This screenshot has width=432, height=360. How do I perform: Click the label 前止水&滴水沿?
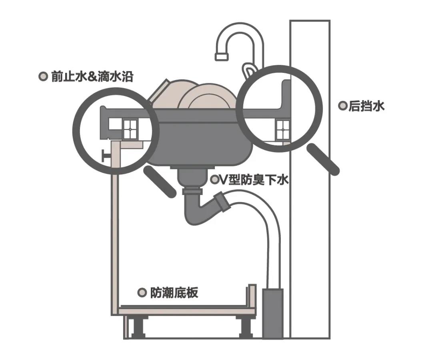[92, 76]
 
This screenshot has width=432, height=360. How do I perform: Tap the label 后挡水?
[366, 106]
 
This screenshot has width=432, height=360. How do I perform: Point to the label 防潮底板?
[174, 292]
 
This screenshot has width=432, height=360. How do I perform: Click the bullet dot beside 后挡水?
[343, 106]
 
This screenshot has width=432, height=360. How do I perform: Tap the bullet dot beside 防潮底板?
[142, 292]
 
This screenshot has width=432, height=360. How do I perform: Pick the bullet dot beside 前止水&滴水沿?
[43, 76]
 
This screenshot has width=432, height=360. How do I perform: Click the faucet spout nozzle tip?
[222, 56]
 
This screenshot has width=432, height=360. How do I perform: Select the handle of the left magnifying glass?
[160, 181]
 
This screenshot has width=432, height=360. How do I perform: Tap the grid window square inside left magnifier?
[130, 129]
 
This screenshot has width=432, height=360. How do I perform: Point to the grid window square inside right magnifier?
[283, 130]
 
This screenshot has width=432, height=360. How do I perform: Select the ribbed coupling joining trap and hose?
[221, 202]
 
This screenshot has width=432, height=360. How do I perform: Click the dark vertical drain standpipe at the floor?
[273, 314]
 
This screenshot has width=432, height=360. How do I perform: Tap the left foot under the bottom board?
[137, 328]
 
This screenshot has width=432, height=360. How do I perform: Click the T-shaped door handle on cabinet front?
[106, 156]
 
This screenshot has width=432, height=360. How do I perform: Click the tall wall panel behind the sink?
[310, 179]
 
